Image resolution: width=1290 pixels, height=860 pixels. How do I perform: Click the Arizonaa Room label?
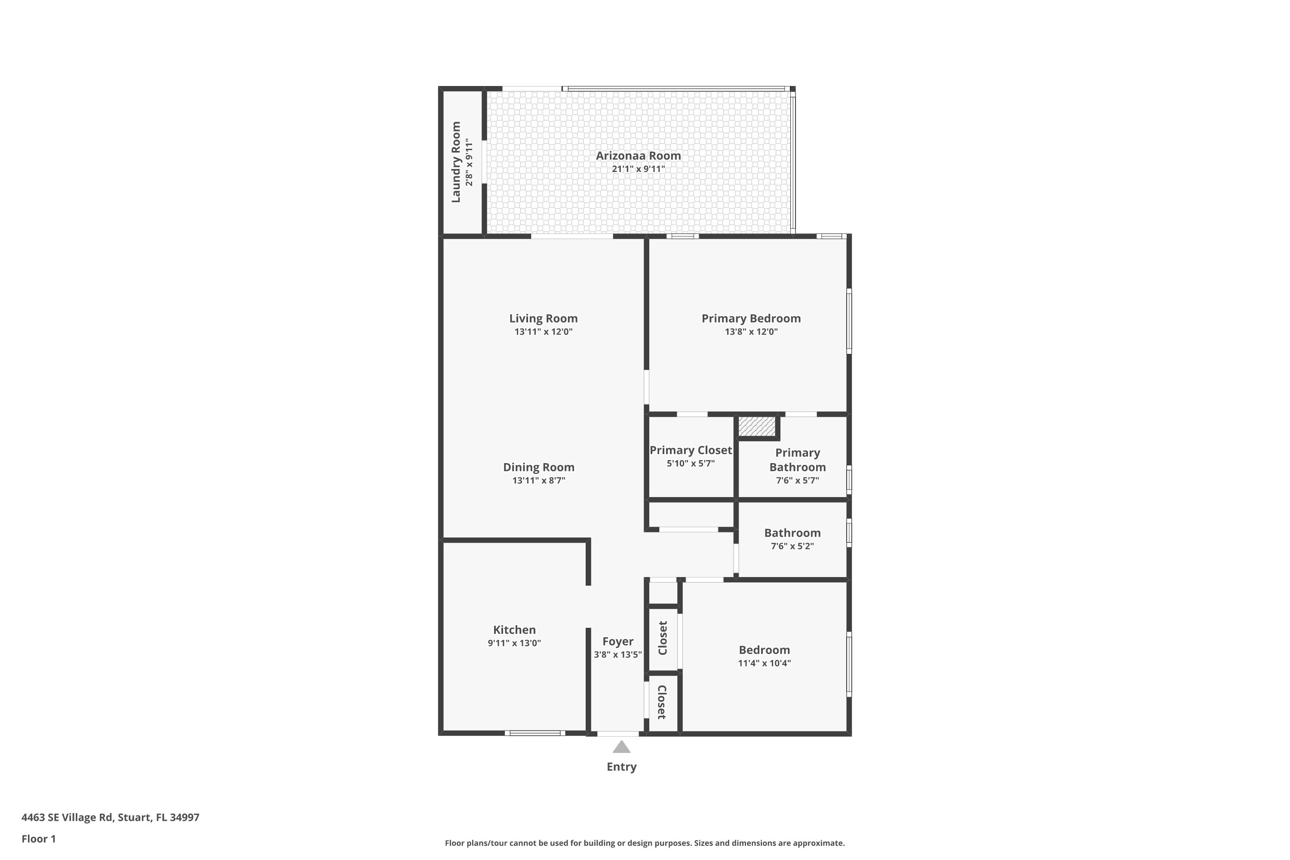tap(639, 156)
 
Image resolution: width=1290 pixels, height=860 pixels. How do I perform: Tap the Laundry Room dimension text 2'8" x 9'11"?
tap(469, 163)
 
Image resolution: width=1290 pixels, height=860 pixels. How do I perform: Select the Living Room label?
tap(543, 318)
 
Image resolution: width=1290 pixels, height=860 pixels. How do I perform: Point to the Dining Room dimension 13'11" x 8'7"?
tap(539, 480)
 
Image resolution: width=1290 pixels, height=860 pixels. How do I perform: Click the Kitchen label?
tap(514, 630)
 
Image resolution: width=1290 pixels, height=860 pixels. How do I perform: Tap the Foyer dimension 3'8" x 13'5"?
tap(617, 654)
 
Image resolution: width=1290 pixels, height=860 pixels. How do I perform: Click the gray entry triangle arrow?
tap(621, 747)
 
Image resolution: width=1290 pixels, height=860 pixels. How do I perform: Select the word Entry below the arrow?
tap(621, 767)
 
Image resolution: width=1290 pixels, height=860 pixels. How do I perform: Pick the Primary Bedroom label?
tap(751, 318)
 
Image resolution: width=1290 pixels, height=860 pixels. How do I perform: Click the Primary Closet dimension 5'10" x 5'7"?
tap(691, 464)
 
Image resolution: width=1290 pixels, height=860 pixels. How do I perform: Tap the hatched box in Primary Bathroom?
tap(757, 426)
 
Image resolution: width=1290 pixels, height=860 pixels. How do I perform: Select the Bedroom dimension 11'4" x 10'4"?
tap(764, 663)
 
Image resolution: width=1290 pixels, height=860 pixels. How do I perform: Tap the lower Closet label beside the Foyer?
tap(661, 702)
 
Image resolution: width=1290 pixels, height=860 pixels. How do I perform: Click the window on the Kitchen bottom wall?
tap(535, 733)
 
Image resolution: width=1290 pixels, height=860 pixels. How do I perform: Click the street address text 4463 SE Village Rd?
tap(110, 817)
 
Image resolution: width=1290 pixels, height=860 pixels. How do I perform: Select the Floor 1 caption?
tap(38, 838)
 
